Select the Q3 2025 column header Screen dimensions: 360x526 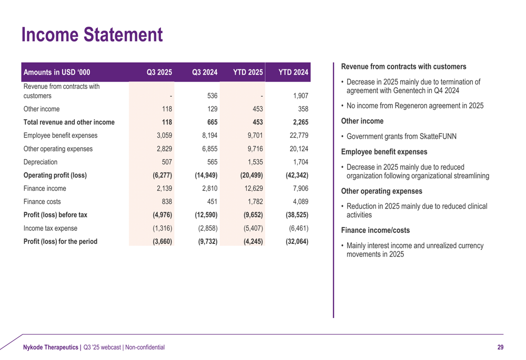click(x=160, y=72)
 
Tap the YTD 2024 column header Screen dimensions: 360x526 click(x=292, y=72)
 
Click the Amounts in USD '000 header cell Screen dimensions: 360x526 click(x=57, y=72)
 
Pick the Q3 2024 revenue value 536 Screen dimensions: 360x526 click(x=213, y=96)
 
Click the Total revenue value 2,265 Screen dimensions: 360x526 click(x=298, y=122)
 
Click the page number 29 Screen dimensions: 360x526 click(x=500, y=347)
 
